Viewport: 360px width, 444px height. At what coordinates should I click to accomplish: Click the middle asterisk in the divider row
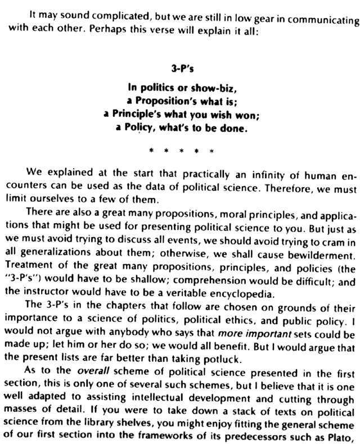pyautogui.click(x=180, y=151)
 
